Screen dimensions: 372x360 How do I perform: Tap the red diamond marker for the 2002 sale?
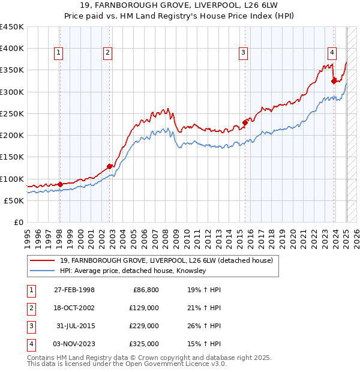(109, 166)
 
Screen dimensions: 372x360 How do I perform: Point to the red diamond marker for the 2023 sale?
(334, 80)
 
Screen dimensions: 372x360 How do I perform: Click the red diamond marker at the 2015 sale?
(245, 122)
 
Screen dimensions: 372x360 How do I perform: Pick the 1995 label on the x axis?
(28, 236)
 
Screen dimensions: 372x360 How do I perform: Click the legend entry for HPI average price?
(133, 271)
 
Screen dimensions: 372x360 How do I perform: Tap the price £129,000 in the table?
(145, 308)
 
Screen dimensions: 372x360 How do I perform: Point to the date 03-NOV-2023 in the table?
(74, 344)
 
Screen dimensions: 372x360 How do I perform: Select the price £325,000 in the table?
(145, 344)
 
